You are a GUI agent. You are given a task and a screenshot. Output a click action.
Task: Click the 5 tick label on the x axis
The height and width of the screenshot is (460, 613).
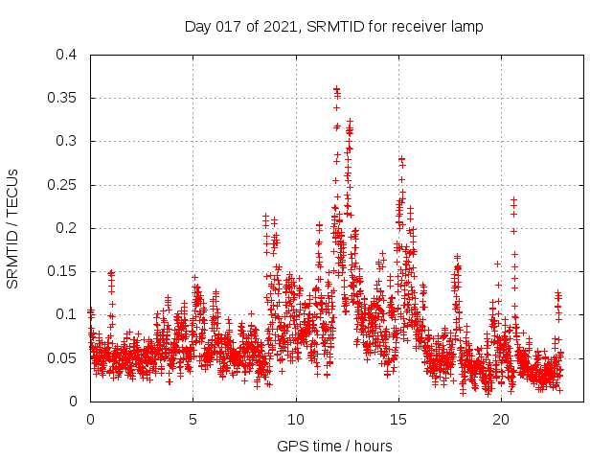[x=193, y=420]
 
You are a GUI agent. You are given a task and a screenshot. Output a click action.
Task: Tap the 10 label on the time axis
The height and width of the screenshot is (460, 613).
[x=296, y=420]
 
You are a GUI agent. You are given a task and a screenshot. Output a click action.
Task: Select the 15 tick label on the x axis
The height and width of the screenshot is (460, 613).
[x=398, y=420]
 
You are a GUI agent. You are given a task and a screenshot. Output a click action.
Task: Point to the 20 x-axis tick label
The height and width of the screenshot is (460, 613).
[x=501, y=420]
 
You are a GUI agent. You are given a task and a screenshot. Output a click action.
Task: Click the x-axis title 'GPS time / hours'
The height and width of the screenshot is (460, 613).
[x=333, y=446]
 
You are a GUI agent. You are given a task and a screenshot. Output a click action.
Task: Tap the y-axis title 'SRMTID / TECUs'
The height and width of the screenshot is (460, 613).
[x=13, y=228]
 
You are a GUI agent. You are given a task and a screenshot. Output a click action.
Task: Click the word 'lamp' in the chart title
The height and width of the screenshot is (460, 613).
[x=466, y=27]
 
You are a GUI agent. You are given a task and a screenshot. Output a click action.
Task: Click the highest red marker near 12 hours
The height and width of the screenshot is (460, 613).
[x=336, y=89]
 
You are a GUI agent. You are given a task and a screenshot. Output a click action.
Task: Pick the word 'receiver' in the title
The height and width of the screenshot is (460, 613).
[x=419, y=27]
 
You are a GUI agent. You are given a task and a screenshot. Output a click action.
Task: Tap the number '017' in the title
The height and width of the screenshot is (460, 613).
[x=227, y=27]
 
